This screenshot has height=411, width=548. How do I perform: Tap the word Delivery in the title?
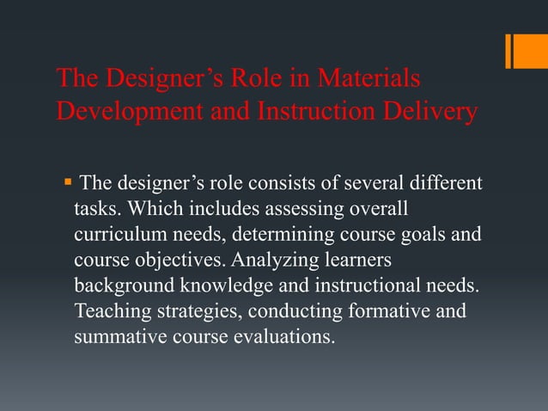(426, 113)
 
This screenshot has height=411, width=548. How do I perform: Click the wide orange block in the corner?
(532, 50)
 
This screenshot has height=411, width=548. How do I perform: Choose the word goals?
(419, 235)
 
